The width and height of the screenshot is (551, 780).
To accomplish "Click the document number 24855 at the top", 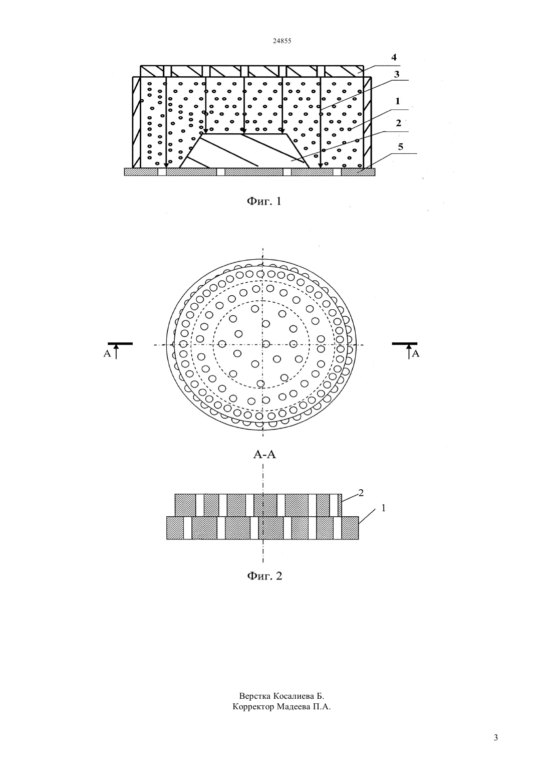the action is point(282,41).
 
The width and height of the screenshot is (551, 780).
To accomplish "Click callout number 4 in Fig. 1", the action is point(394,57).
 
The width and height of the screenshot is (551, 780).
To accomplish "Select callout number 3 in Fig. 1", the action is point(397,74).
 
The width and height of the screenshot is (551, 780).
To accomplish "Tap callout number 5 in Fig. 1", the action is point(400,146).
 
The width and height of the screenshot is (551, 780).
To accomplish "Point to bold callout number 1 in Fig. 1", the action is point(397,101).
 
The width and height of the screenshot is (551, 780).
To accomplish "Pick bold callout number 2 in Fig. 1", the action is point(398,123).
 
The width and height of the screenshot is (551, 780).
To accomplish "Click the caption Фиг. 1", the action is point(263,202).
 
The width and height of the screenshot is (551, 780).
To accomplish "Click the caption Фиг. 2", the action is point(264,576).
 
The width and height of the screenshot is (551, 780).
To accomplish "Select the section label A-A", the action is point(264,455).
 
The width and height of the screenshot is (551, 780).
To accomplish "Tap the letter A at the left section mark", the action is point(107,354).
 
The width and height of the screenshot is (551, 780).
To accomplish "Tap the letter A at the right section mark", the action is point(416,354).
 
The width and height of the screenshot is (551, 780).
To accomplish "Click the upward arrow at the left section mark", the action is point(116,352).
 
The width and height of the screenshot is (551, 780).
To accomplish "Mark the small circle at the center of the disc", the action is point(266,344).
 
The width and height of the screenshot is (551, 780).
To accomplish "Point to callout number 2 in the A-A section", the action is point(361,493).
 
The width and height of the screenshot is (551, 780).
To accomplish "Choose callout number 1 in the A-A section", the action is point(384,508).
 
